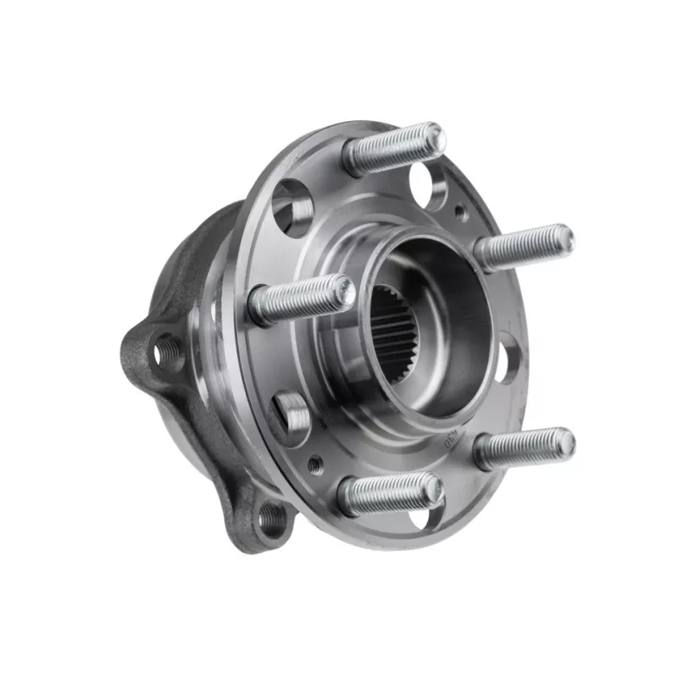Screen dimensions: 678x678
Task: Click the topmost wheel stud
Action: click(x=392, y=149)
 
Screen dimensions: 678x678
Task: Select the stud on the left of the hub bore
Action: click(x=301, y=299)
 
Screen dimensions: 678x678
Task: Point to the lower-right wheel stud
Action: click(x=524, y=447)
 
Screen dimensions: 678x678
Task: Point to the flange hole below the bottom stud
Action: click(x=417, y=516)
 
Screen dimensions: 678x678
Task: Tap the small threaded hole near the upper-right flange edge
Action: click(x=461, y=214)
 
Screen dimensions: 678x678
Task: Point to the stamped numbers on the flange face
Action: click(x=450, y=436)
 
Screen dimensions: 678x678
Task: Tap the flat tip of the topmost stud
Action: click(x=431, y=136)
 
